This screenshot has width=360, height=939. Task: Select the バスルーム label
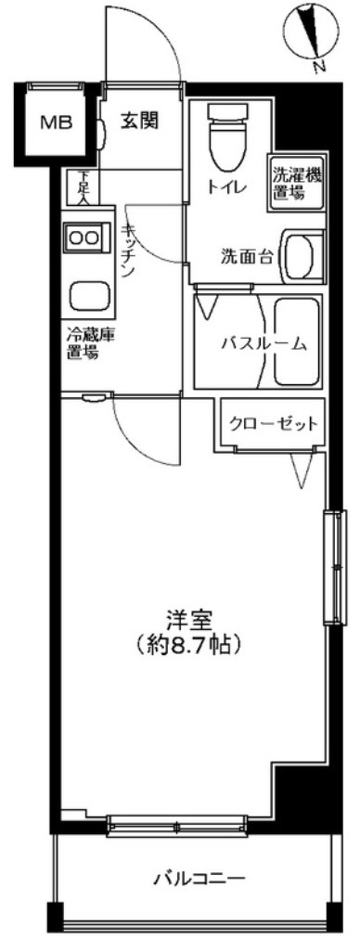264,343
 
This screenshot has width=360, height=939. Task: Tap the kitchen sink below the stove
86,298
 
